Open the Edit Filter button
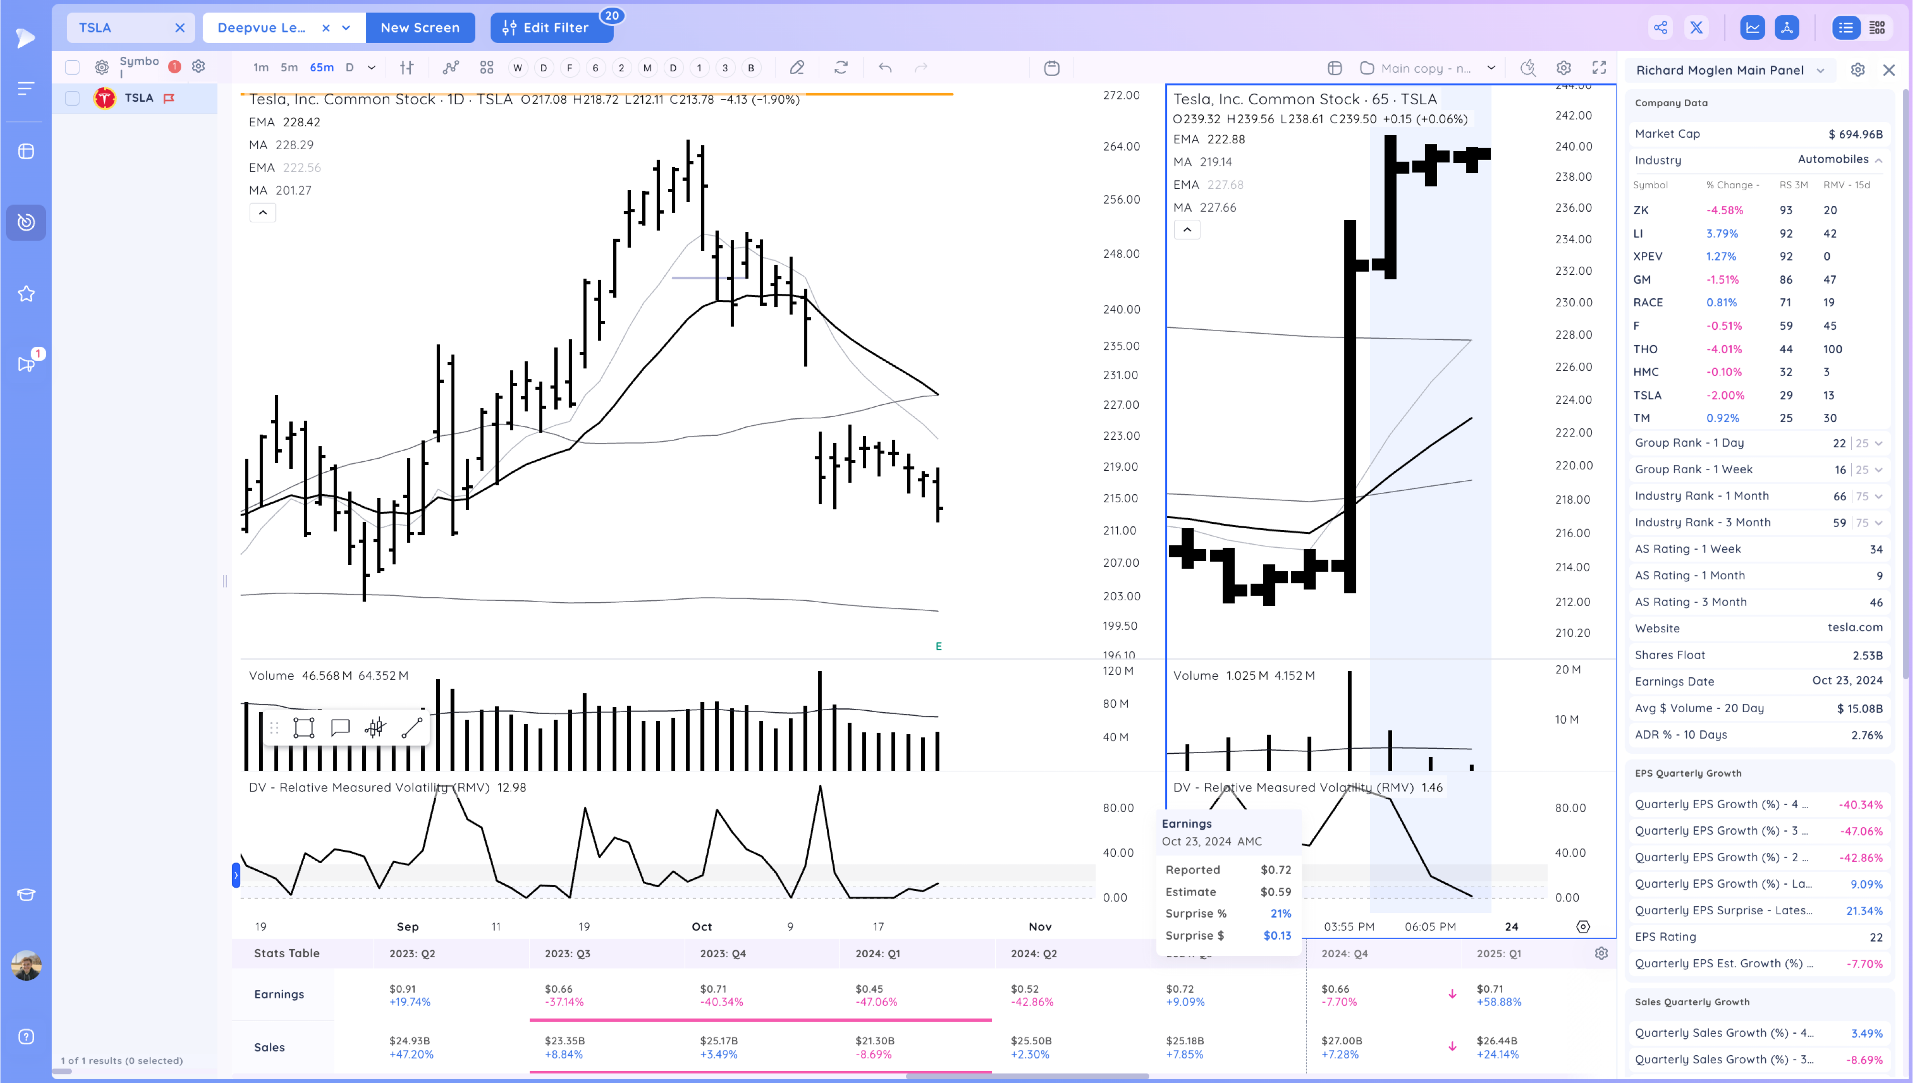tap(550, 28)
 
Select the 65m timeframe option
tap(321, 68)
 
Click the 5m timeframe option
tap(289, 68)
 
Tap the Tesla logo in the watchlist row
tap(105, 98)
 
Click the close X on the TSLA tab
tap(179, 28)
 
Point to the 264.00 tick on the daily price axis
tap(1121, 147)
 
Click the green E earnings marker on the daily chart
tap(938, 646)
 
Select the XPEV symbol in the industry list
tap(1648, 257)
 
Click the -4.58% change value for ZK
tap(1724, 210)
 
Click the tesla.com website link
tap(1854, 628)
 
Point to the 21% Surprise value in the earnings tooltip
tap(1280, 913)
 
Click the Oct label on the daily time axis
tap(701, 927)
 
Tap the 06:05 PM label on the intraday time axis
tap(1429, 927)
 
